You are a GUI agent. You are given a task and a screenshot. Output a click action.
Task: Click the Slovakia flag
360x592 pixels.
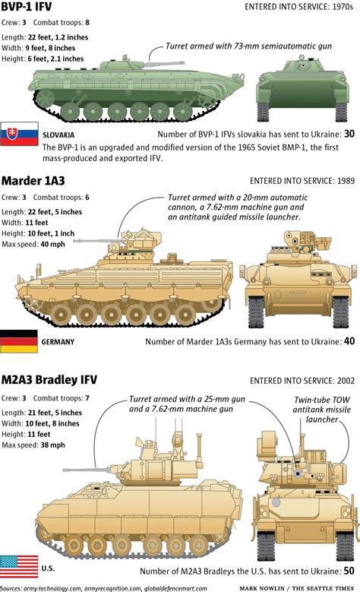click(19, 134)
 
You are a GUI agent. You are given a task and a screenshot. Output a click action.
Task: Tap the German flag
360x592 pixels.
click(19, 341)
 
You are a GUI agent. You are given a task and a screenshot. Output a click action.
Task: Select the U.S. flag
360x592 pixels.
click(19, 566)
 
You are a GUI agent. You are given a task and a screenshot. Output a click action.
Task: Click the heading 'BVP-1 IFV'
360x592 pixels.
click(27, 6)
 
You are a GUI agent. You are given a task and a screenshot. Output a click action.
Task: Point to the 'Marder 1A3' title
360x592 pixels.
click(33, 181)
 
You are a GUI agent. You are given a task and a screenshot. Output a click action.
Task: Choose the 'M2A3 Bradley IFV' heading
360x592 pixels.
click(49, 380)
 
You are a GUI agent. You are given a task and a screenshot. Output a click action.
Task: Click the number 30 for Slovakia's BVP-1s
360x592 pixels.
click(349, 134)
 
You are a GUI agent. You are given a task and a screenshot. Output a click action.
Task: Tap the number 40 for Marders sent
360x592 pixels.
click(349, 341)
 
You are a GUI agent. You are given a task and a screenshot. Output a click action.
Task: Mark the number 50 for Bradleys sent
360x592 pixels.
click(349, 571)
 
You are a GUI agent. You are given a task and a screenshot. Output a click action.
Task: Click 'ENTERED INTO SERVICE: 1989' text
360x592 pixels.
click(302, 181)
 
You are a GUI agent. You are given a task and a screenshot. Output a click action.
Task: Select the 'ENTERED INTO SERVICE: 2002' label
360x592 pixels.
click(302, 381)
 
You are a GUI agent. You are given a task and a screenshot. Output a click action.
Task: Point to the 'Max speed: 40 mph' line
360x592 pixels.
click(33, 244)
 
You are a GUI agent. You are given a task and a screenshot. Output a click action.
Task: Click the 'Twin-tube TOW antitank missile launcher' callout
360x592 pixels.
click(322, 410)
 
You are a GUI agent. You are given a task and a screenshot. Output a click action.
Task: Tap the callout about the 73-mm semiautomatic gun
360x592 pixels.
click(248, 46)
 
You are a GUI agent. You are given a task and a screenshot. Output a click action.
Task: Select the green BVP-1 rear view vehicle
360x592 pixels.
click(302, 88)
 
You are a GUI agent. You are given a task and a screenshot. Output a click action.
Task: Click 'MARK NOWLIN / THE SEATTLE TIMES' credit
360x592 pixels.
click(297, 588)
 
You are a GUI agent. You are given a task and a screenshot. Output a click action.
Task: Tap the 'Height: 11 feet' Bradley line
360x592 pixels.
click(26, 434)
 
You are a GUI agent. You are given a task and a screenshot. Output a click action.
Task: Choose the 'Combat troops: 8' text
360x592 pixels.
click(61, 22)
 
